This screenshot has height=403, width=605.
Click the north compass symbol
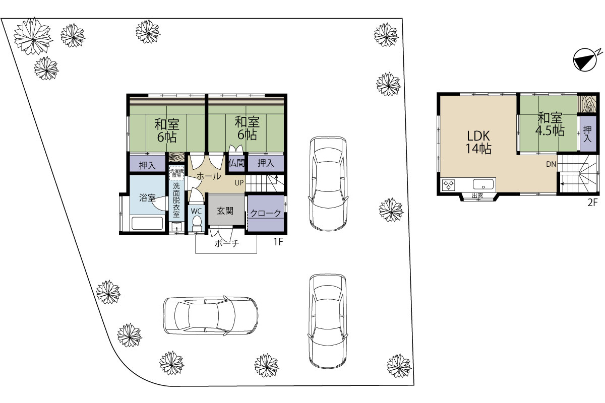coord(585,59)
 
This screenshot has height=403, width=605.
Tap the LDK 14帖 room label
coord(478,142)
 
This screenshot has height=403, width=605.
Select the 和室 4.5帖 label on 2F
coord(550,124)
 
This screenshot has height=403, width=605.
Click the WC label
coord(196,211)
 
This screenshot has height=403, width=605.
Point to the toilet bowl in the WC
coord(197,223)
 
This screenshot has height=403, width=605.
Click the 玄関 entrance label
coord(225,211)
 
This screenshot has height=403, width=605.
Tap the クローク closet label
coord(266,213)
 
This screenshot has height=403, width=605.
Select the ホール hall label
coord(209,176)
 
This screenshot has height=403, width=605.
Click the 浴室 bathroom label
coord(147,197)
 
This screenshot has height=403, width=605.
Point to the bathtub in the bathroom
coord(147,224)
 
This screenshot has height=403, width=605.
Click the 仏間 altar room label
coord(236,163)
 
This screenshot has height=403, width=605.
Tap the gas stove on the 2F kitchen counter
coord(449,185)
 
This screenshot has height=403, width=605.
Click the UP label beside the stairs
coord(239,183)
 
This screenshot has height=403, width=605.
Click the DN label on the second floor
coord(551,164)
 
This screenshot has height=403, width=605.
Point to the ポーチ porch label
coord(227,243)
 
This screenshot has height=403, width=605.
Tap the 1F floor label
coord(278,242)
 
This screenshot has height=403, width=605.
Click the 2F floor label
coord(592,203)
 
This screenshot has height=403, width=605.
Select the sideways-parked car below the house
coord(211,316)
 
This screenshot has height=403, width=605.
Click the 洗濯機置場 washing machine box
coord(176,173)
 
